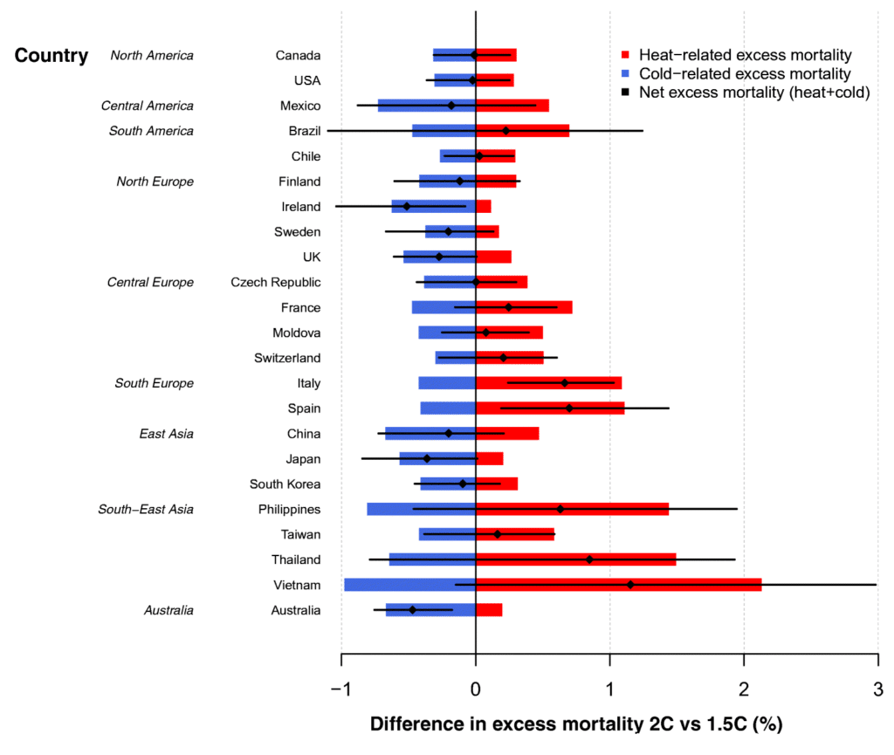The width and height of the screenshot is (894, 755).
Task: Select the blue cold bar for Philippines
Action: tap(421, 509)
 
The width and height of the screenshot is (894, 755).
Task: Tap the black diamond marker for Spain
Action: tap(569, 408)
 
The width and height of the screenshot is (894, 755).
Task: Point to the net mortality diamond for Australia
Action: tap(412, 610)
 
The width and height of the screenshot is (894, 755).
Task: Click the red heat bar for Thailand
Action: tap(575, 559)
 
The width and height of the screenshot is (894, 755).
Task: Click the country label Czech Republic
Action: tap(276, 283)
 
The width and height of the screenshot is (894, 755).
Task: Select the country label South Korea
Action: tap(285, 484)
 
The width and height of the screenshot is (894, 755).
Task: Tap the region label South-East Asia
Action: tap(146, 510)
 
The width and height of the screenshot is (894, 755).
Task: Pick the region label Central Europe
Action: tap(150, 283)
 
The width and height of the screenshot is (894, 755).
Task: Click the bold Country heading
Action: tap(52, 56)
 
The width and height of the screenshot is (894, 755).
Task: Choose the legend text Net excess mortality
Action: tap(754, 93)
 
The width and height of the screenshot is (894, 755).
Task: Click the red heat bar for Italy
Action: tap(548, 383)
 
